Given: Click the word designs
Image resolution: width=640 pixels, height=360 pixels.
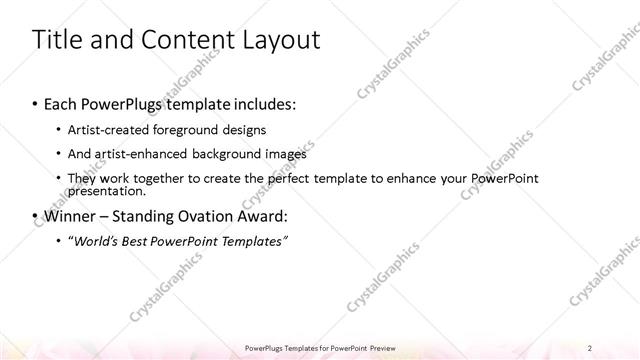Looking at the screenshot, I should point(265,129).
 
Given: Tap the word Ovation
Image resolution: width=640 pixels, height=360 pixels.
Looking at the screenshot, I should point(203,215).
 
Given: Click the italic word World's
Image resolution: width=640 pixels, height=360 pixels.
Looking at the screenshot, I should point(94,240).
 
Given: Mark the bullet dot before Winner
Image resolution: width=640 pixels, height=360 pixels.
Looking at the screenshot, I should point(36,216).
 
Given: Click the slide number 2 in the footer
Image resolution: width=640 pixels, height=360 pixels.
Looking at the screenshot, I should point(591,347).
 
